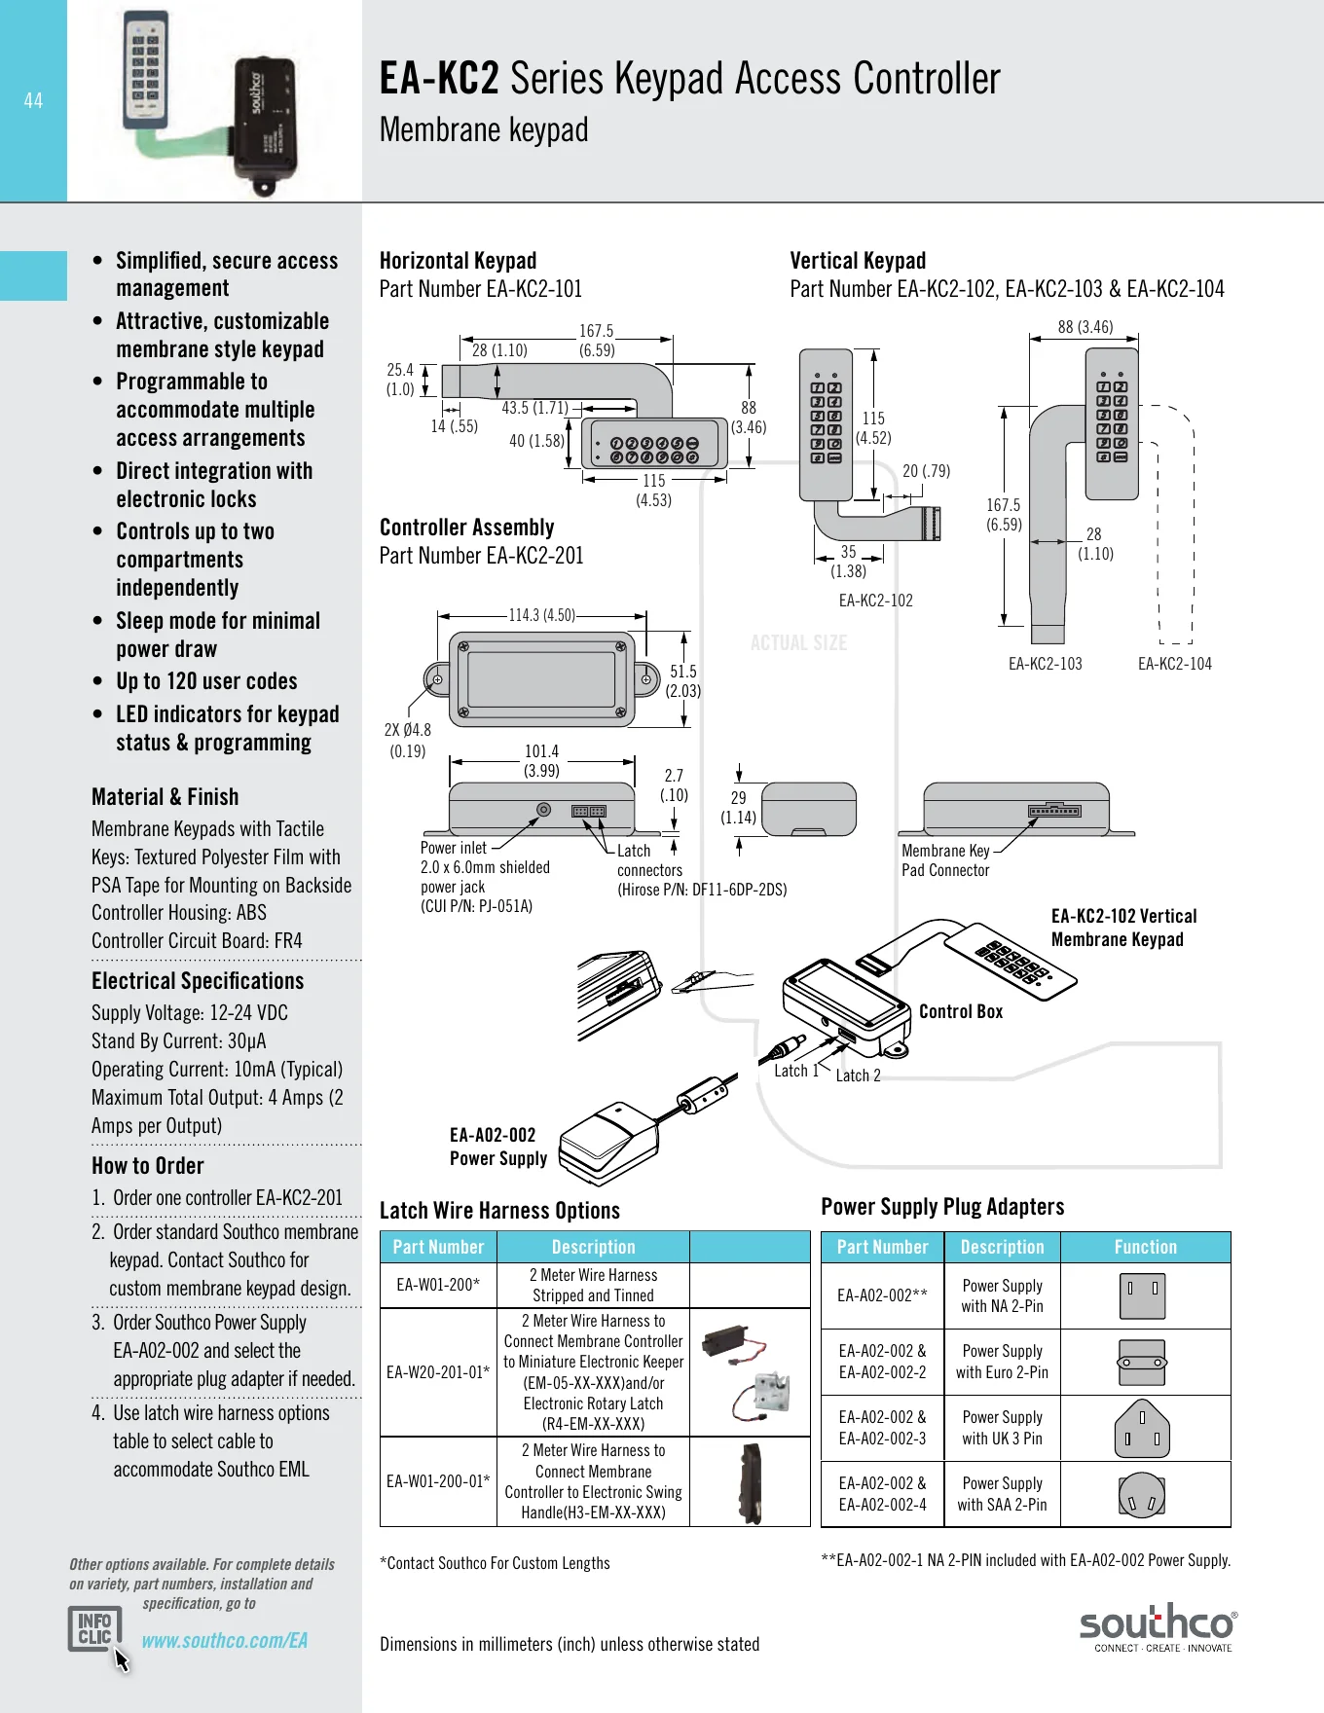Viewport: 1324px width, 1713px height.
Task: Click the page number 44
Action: (x=33, y=100)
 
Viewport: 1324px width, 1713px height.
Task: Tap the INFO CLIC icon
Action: (x=95, y=1628)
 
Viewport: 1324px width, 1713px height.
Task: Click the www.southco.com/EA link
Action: (x=225, y=1640)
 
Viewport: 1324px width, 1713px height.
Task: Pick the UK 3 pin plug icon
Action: (x=1142, y=1428)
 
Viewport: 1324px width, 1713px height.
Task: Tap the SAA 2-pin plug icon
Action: (x=1142, y=1494)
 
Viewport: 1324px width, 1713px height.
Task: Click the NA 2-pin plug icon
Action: (x=1142, y=1295)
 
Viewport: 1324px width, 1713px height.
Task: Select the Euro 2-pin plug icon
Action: (x=1142, y=1363)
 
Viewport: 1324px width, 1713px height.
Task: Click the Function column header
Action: (x=1146, y=1247)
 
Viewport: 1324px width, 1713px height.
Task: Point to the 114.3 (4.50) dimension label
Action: (x=542, y=615)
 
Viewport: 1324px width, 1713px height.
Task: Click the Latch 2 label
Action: (x=858, y=1075)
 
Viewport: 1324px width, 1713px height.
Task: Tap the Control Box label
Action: (x=961, y=1011)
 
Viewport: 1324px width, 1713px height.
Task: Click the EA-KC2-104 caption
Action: (x=1175, y=664)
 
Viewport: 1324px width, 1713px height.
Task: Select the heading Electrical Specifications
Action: (x=198, y=981)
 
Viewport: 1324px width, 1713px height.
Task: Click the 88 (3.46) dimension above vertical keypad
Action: (x=1085, y=327)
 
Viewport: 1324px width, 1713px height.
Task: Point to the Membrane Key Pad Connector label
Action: (x=945, y=860)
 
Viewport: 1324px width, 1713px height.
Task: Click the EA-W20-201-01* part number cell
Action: (x=438, y=1372)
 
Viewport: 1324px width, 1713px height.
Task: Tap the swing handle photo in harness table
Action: (x=750, y=1482)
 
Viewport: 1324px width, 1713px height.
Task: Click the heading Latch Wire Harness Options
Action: (x=499, y=1211)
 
